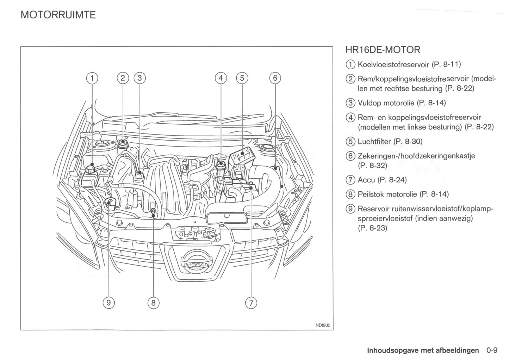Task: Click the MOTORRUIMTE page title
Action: click(x=58, y=15)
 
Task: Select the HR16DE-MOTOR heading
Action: click(x=383, y=50)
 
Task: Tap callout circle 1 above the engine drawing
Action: click(x=92, y=78)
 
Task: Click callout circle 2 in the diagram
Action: click(x=123, y=78)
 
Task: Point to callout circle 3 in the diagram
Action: click(x=139, y=78)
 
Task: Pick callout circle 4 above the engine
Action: click(x=221, y=78)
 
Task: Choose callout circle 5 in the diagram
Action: click(x=242, y=78)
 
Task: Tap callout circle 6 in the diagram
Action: click(x=275, y=78)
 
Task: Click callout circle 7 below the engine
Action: click(x=251, y=303)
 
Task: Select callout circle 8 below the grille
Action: click(x=154, y=303)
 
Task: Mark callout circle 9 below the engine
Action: click(x=109, y=303)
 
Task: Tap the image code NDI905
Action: click(x=322, y=325)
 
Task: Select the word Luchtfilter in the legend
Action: click(x=374, y=142)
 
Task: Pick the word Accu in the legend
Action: click(x=366, y=180)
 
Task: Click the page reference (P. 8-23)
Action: click(x=372, y=228)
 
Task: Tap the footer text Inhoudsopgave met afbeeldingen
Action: click(x=423, y=350)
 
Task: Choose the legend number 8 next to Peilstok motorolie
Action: click(x=350, y=194)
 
